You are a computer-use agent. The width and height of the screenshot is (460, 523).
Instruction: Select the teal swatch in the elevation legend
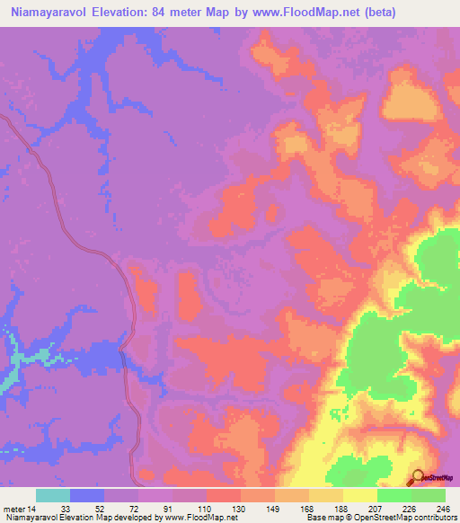(53, 495)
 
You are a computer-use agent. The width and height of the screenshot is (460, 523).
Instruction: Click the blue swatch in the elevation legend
(87, 495)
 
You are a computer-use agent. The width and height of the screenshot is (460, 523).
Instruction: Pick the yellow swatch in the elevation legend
(359, 495)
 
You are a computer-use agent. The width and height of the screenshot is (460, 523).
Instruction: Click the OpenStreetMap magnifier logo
(419, 478)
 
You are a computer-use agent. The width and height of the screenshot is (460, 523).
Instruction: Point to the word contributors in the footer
(433, 519)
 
